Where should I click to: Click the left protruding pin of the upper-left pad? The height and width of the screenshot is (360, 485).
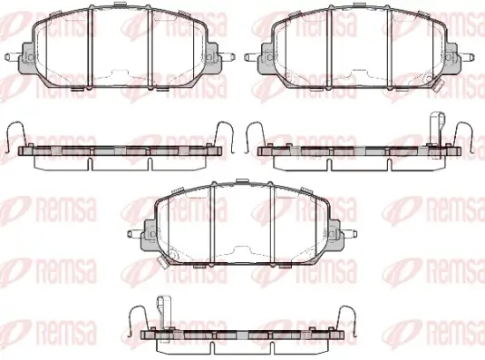coord(13,57)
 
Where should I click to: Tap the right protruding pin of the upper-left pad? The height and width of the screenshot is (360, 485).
coord(227,57)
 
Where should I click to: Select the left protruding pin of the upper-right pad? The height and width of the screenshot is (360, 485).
coord(252,57)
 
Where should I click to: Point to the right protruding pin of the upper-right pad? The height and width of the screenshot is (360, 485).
coord(466,57)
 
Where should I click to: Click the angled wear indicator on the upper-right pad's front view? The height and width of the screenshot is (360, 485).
coord(438,85)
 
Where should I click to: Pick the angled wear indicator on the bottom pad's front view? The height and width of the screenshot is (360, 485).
coord(162,262)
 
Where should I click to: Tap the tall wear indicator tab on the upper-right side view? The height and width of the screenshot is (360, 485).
coord(438,135)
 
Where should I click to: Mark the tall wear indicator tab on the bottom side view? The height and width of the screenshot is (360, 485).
coord(165,316)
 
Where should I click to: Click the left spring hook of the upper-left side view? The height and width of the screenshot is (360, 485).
coord(15,137)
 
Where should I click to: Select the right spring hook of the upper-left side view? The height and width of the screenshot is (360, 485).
coord(224,137)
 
